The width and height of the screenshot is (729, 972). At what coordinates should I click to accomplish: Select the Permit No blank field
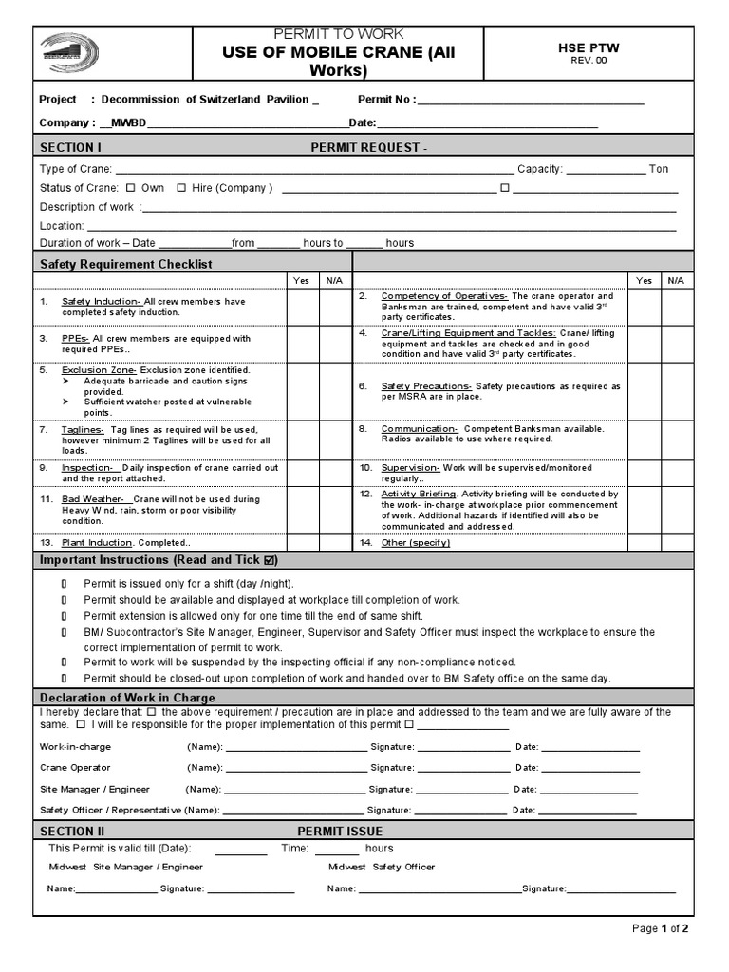coord(530,100)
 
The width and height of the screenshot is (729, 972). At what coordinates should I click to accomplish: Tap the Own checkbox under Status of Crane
coord(131,188)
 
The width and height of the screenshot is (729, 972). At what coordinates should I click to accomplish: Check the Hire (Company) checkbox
coord(181,188)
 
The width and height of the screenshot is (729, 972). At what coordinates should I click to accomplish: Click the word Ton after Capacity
coord(659,169)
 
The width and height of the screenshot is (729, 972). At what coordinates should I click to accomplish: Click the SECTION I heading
coord(70,147)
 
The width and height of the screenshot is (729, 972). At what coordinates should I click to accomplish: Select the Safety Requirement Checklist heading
coord(125,264)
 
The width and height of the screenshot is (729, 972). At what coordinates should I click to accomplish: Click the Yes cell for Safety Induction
coord(302,307)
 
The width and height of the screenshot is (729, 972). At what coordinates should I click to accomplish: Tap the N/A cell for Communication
coord(674,435)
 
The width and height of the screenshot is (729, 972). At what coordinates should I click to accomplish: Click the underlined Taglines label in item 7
coord(84,429)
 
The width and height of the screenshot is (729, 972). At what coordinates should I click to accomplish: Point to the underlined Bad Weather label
coord(94,498)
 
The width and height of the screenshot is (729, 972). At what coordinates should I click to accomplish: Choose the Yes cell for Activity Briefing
coord(644,510)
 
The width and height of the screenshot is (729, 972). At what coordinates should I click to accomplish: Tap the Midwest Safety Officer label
coord(382,867)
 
